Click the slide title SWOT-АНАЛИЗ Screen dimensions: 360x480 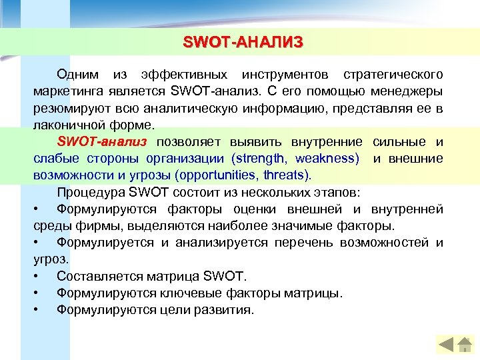pyautogui.click(x=243, y=43)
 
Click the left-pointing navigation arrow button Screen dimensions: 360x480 pyautogui.click(x=447, y=345)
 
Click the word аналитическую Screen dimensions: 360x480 pyautogui.click(x=222, y=107)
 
